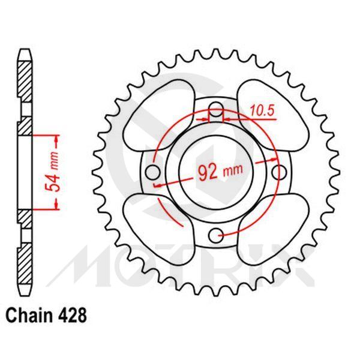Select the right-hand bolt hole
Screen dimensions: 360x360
(277, 172)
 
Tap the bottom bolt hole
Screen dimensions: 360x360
(217, 233)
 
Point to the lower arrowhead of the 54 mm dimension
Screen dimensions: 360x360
(58, 206)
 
